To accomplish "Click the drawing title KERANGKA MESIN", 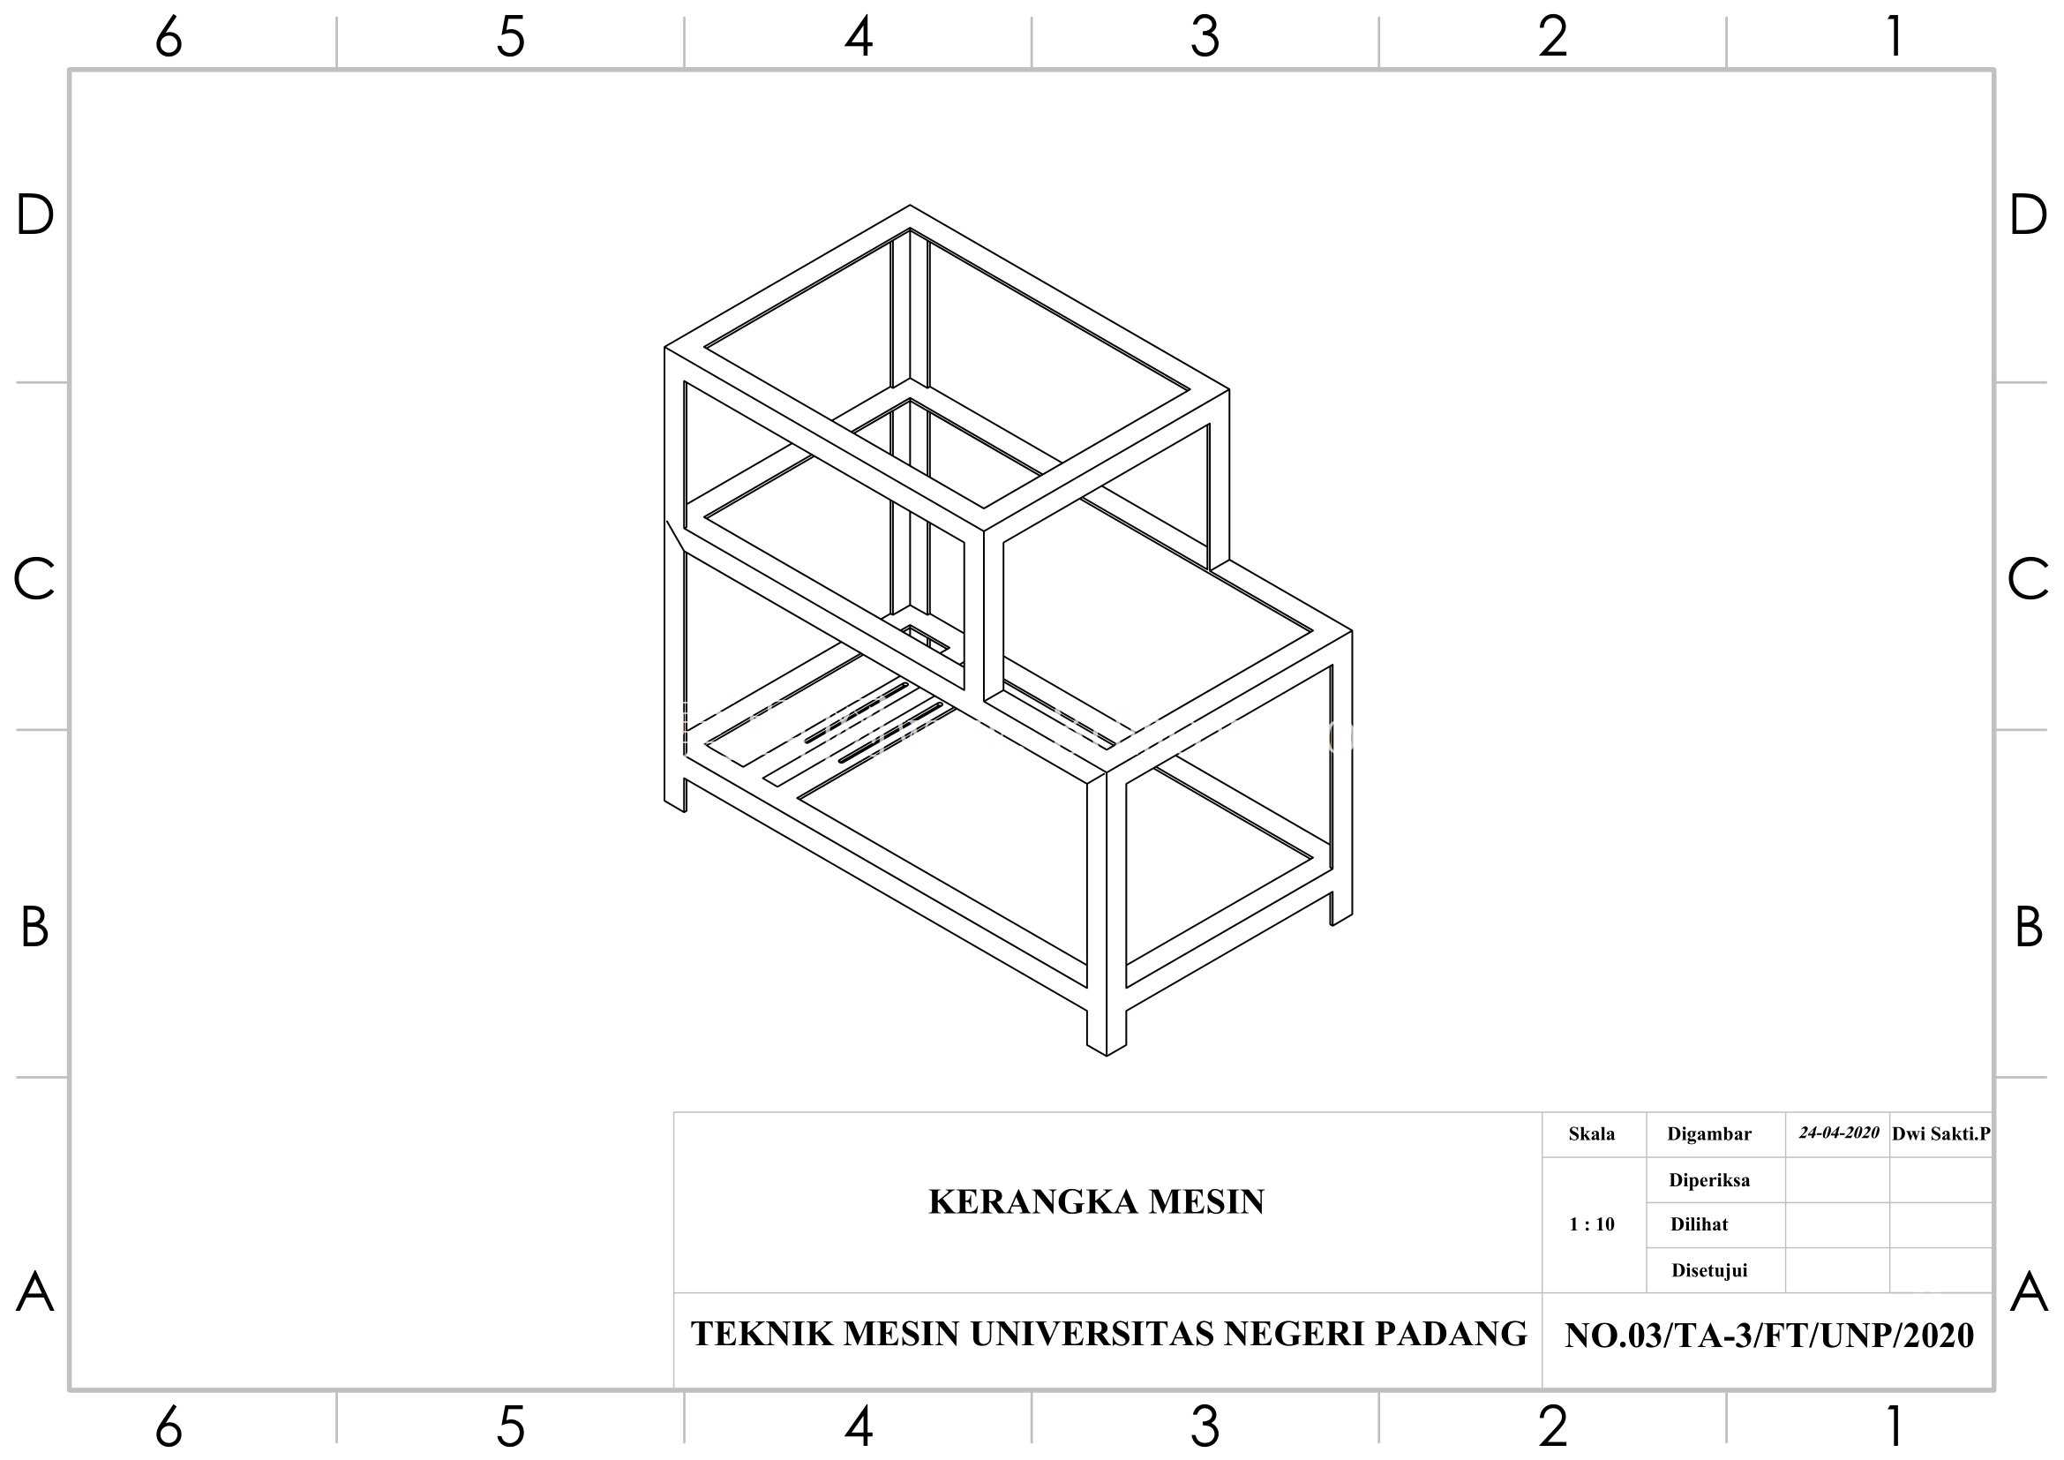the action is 1096,1202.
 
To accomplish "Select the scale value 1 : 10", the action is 1591,1224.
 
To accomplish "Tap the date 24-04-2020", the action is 1838,1133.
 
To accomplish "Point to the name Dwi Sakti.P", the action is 1940,1133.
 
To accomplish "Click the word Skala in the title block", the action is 1591,1133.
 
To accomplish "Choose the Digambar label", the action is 1709,1134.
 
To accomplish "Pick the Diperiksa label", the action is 1709,1180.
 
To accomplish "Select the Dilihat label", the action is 1699,1224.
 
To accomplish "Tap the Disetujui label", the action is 1709,1271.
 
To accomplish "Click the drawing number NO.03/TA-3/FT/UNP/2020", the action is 1769,1336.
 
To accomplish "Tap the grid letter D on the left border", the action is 35,215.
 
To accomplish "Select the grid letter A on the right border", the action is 2029,1293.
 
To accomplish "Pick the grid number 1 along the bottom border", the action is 1895,1426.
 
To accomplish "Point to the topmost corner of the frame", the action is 909,206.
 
